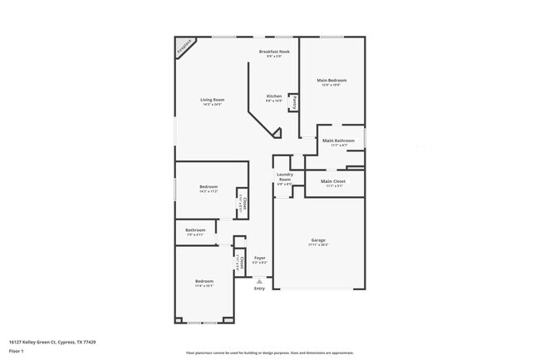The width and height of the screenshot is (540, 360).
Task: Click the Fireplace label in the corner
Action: (186, 47)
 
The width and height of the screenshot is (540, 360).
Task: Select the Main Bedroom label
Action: (331, 80)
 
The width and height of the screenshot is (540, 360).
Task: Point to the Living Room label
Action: (212, 100)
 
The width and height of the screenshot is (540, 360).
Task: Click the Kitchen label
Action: (274, 96)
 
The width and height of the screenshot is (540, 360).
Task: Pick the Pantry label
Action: (294, 102)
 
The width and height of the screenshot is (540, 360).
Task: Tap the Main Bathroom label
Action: (338, 141)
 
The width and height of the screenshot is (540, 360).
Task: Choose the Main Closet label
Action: (333, 180)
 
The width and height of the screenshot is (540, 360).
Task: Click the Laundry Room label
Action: (284, 177)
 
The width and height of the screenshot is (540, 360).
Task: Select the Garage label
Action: (318, 240)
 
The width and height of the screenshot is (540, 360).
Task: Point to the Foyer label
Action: (260, 258)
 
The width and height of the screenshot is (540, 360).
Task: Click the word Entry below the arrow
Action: (259, 288)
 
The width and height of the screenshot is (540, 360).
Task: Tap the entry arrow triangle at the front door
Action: (259, 281)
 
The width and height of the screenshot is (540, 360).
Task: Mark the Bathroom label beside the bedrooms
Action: (195, 229)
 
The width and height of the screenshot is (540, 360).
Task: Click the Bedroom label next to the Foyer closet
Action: (204, 281)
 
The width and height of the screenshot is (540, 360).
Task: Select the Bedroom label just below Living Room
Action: (209, 187)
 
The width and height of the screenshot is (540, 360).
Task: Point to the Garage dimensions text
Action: (318, 245)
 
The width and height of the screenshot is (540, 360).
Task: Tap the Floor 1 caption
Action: (17, 351)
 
